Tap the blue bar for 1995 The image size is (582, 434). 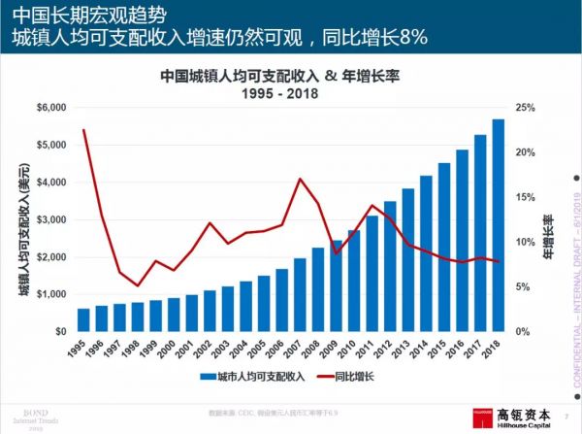[84, 319]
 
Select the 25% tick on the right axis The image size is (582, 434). [521, 108]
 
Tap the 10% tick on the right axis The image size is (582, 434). [521, 242]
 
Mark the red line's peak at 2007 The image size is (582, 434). [300, 179]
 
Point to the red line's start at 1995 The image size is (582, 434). [84, 130]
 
